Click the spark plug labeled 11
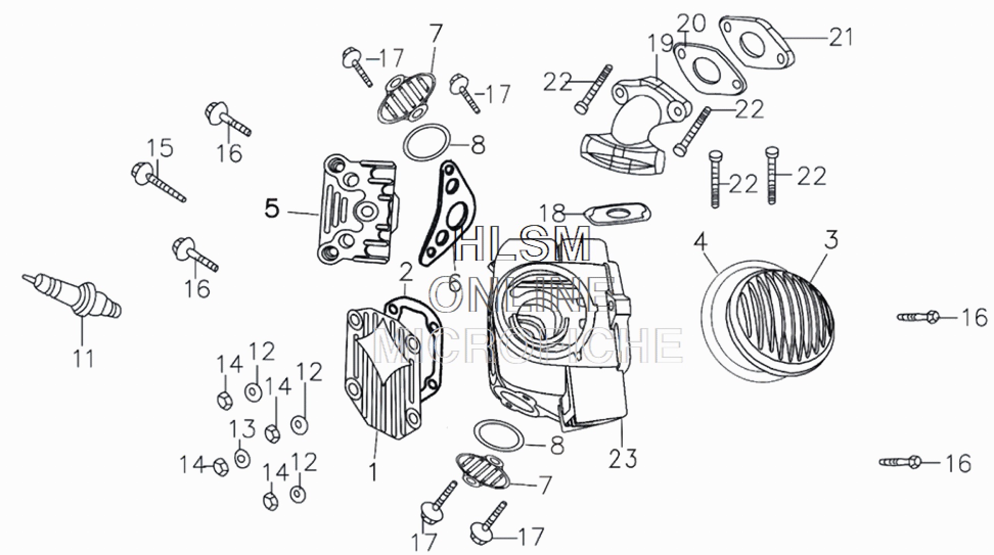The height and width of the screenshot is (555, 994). [x=77, y=297]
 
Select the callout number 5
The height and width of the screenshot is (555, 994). [x=272, y=209]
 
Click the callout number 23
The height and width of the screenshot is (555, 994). [x=623, y=458]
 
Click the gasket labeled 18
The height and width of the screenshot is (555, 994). [x=617, y=214]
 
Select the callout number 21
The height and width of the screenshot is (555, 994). [x=841, y=38]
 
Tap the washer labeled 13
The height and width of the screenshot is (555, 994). [x=242, y=458]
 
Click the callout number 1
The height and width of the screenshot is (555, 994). [x=373, y=472]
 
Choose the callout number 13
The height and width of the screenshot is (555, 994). [x=242, y=430]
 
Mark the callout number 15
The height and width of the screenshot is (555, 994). [x=160, y=148]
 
